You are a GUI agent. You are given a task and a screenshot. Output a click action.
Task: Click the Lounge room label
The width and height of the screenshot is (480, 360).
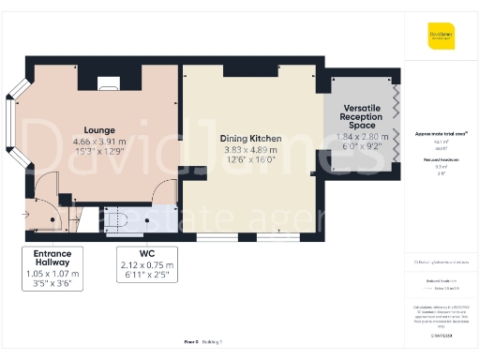pyautogui.click(x=98, y=130)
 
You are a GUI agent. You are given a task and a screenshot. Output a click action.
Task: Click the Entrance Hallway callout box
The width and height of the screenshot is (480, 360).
pyautogui.click(x=52, y=266)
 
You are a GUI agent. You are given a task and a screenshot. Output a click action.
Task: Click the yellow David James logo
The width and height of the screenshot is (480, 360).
pyautogui.click(x=440, y=39)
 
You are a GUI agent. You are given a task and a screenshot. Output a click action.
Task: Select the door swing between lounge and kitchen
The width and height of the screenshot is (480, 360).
pyautogui.click(x=165, y=192)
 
